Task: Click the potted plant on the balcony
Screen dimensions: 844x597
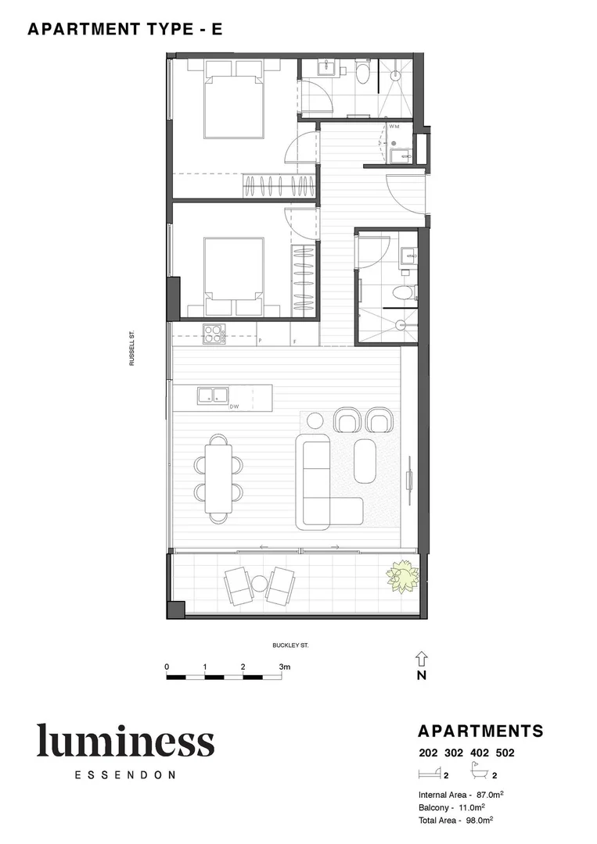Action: [x=402, y=576]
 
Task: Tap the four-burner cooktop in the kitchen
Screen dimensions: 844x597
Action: [x=214, y=334]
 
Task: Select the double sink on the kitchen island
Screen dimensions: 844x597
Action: [x=212, y=395]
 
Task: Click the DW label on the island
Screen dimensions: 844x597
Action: [x=233, y=406]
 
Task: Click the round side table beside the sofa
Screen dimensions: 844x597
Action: [x=315, y=420]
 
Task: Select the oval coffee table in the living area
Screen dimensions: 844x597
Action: [x=365, y=461]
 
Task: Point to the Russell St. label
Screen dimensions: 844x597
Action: [x=133, y=348]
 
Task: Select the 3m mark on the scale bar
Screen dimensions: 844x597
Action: [x=285, y=667]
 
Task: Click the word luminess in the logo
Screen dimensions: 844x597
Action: [x=125, y=741]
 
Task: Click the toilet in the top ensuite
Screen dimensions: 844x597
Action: [x=362, y=75]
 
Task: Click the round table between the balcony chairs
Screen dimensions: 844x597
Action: [x=259, y=583]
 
